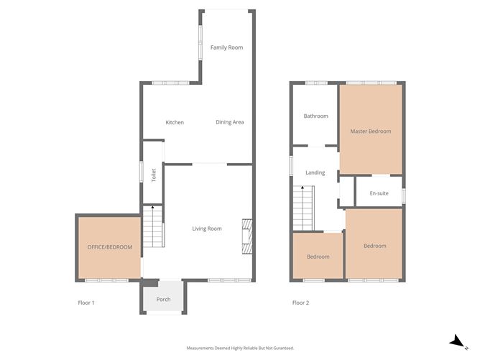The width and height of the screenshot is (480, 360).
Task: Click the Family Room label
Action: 226,48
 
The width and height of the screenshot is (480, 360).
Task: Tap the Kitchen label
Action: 175,122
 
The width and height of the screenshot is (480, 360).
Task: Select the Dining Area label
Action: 230,122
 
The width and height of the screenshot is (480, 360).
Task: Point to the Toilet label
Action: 153,175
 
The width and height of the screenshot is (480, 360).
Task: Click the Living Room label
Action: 207,229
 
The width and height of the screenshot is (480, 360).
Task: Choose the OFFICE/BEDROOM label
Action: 110,247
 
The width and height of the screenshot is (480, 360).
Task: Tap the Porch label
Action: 164,299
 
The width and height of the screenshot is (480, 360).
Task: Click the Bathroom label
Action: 315,116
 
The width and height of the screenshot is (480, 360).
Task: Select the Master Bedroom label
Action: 371,131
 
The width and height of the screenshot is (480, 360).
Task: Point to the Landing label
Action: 315,173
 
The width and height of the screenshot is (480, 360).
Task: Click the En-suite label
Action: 379,194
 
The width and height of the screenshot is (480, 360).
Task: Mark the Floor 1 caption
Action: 86,303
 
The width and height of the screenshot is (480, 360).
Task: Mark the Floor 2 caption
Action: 300,303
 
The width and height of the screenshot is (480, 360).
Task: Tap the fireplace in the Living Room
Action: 247,236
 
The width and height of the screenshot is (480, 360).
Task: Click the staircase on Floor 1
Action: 152,228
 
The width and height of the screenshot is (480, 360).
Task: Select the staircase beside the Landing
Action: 304,207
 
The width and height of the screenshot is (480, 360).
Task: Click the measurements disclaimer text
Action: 240,348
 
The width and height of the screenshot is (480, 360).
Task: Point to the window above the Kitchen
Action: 171,83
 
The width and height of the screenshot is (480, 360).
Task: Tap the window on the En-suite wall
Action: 403,195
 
